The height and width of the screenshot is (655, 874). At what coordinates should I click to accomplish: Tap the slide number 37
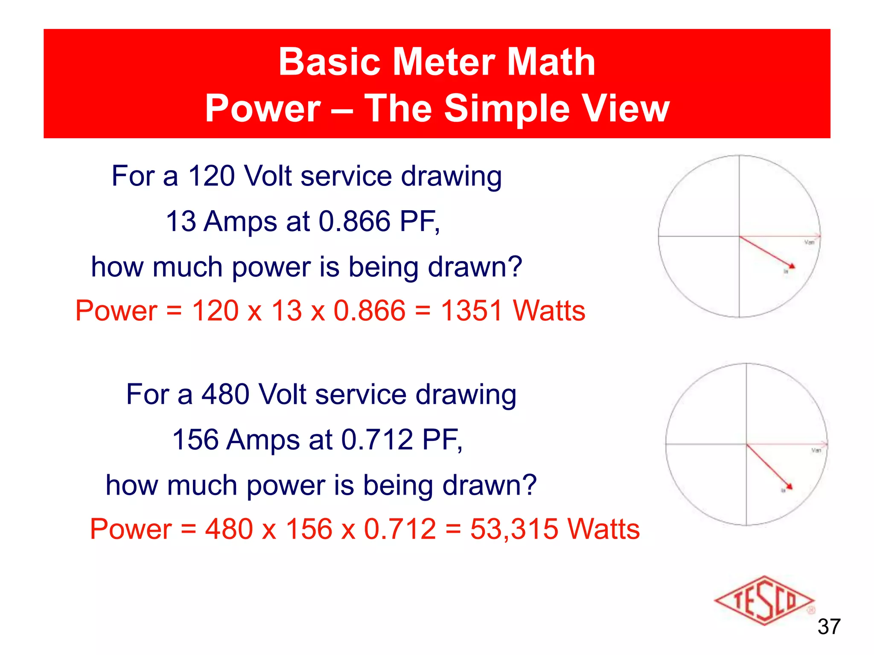(829, 627)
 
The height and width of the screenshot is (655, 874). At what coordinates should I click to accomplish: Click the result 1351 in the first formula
(472, 310)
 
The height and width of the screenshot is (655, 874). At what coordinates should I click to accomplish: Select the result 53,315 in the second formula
(514, 529)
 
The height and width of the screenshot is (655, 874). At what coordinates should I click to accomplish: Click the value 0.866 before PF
(355, 221)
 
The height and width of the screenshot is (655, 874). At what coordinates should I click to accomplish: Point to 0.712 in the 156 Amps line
(377, 440)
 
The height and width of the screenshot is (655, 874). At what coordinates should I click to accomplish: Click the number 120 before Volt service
(211, 176)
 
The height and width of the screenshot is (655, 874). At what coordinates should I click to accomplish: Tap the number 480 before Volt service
(225, 394)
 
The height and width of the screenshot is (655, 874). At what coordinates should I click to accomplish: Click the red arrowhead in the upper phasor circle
(791, 266)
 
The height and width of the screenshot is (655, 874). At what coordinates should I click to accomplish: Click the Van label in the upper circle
(809, 243)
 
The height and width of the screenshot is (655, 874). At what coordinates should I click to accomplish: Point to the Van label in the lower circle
(816, 450)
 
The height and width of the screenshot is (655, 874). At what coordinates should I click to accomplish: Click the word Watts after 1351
(549, 310)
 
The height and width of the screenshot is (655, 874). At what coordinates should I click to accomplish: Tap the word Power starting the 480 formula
(130, 529)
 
